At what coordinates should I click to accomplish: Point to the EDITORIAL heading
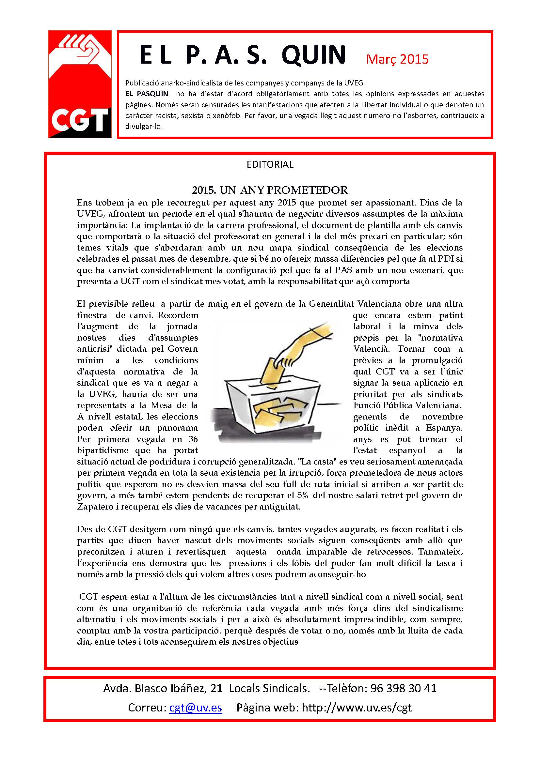[x=270, y=164]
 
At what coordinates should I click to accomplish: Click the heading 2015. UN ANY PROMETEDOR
[x=270, y=190]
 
